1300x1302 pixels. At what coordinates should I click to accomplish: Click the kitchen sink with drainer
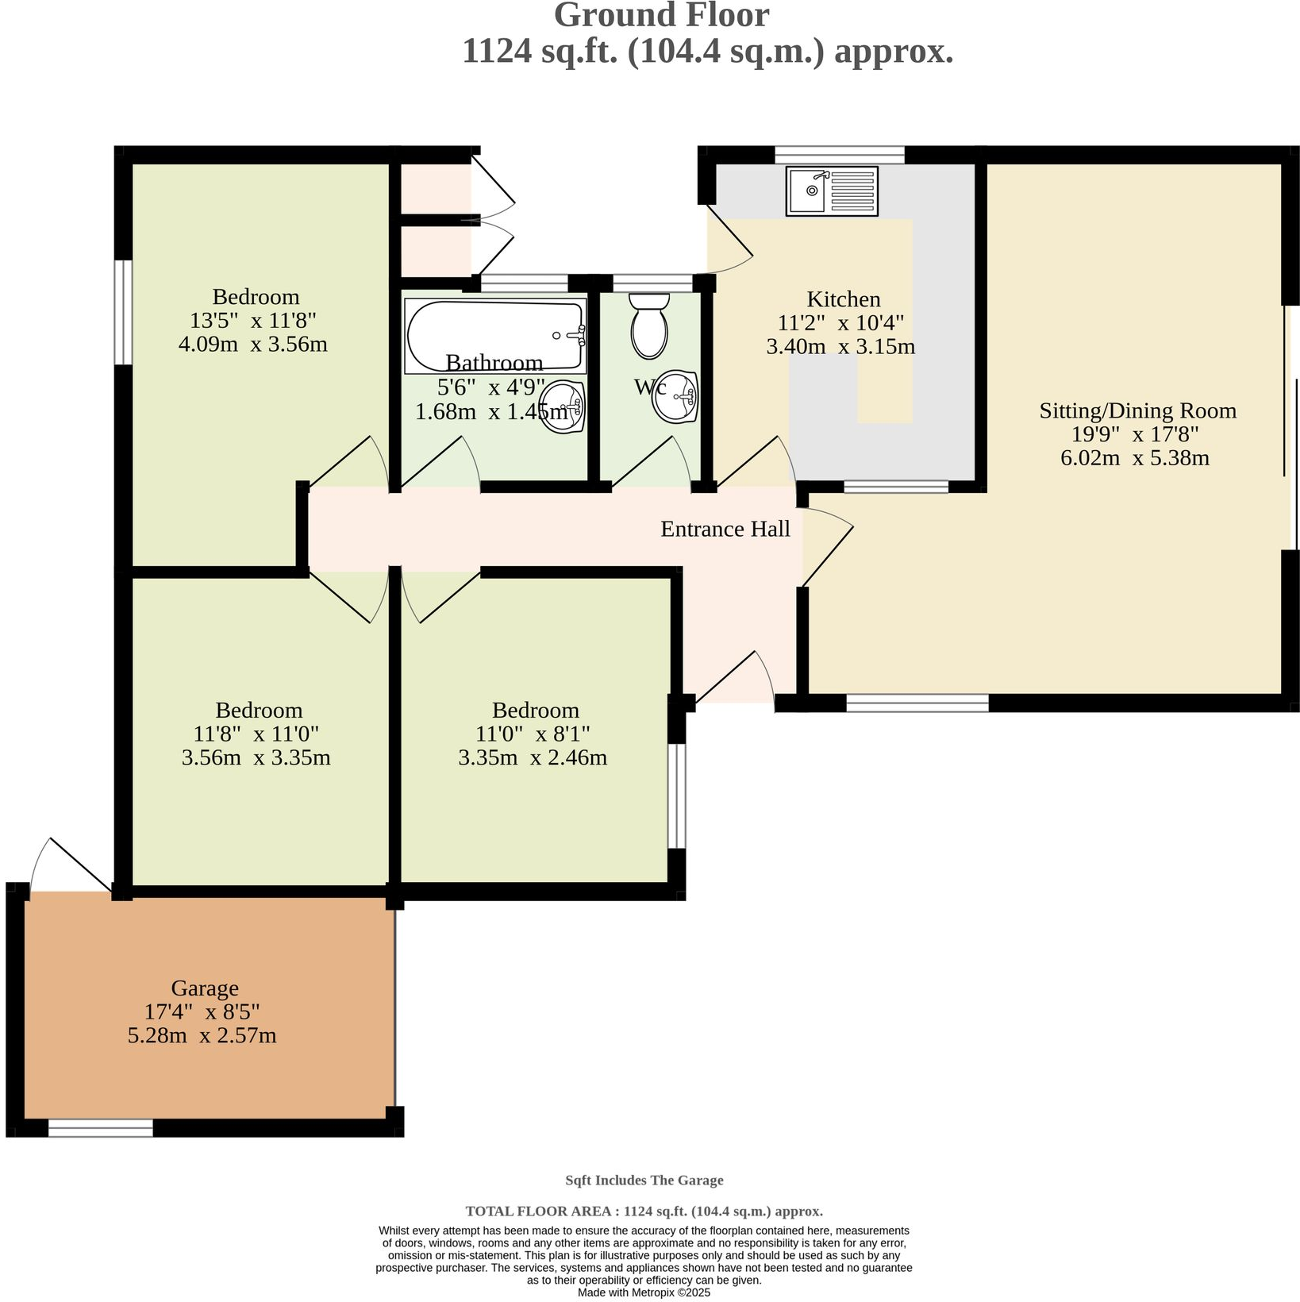[x=832, y=191]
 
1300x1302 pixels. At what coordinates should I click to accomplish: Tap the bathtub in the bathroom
[x=495, y=335]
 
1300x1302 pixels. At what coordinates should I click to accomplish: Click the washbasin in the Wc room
[x=675, y=396]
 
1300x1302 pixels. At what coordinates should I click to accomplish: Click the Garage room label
[x=205, y=988]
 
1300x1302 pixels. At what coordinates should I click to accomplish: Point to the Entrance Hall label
[x=725, y=530]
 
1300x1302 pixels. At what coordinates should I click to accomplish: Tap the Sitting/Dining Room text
[x=1137, y=410]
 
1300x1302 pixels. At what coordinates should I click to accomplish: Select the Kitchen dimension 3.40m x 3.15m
[x=840, y=347]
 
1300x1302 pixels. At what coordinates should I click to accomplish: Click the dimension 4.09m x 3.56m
[x=253, y=345]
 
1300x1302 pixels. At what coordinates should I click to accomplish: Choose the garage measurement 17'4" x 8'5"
[x=202, y=1012]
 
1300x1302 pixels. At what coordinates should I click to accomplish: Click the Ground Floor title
[x=661, y=16]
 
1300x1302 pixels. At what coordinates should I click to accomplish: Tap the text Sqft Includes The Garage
[x=644, y=1181]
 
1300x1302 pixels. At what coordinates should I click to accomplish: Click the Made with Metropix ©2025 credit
[x=644, y=1292]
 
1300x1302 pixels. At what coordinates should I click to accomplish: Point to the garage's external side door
[x=71, y=865]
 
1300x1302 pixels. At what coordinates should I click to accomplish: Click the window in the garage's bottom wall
[x=100, y=1128]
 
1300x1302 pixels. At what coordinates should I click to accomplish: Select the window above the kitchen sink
[x=839, y=154]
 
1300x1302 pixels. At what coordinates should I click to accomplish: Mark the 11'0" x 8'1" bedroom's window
[x=676, y=795]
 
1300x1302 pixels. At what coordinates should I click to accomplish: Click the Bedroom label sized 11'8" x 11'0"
[x=259, y=711]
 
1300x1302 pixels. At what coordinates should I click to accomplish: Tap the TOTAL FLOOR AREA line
[x=644, y=1211]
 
